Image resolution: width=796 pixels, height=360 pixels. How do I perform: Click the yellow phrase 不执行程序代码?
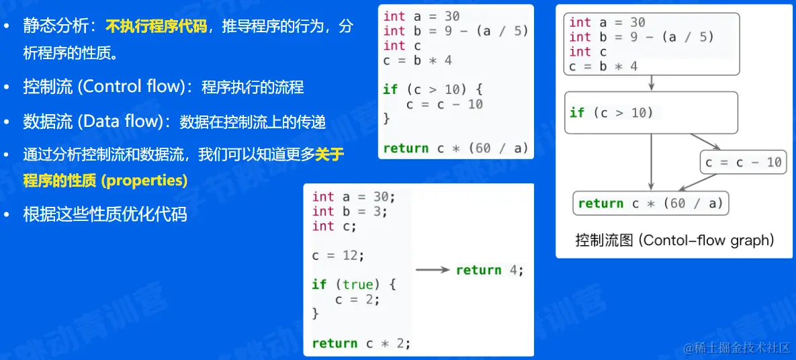pos(157,27)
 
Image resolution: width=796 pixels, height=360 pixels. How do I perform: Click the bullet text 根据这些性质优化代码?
pos(105,214)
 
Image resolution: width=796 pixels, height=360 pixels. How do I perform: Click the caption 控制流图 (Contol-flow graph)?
pos(674,240)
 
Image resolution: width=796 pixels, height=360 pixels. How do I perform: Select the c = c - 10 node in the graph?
pos(744,163)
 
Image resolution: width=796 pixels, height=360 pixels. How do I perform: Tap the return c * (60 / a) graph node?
pos(650,204)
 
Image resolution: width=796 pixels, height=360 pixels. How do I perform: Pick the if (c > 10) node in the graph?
pos(651,112)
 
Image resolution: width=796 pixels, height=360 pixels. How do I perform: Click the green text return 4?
pos(489,270)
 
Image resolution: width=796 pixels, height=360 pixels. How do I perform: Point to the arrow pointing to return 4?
pos(433,270)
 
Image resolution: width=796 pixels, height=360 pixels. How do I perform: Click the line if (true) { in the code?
pos(354,284)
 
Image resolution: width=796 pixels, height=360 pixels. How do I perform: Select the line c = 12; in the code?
pos(338,255)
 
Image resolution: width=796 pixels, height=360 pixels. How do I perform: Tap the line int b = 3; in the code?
pos(350,211)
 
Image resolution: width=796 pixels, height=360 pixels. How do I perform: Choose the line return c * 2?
pos(361,343)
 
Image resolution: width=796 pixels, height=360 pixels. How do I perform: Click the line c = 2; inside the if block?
pos(357,299)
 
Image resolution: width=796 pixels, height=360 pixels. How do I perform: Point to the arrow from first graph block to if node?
pos(652,83)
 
